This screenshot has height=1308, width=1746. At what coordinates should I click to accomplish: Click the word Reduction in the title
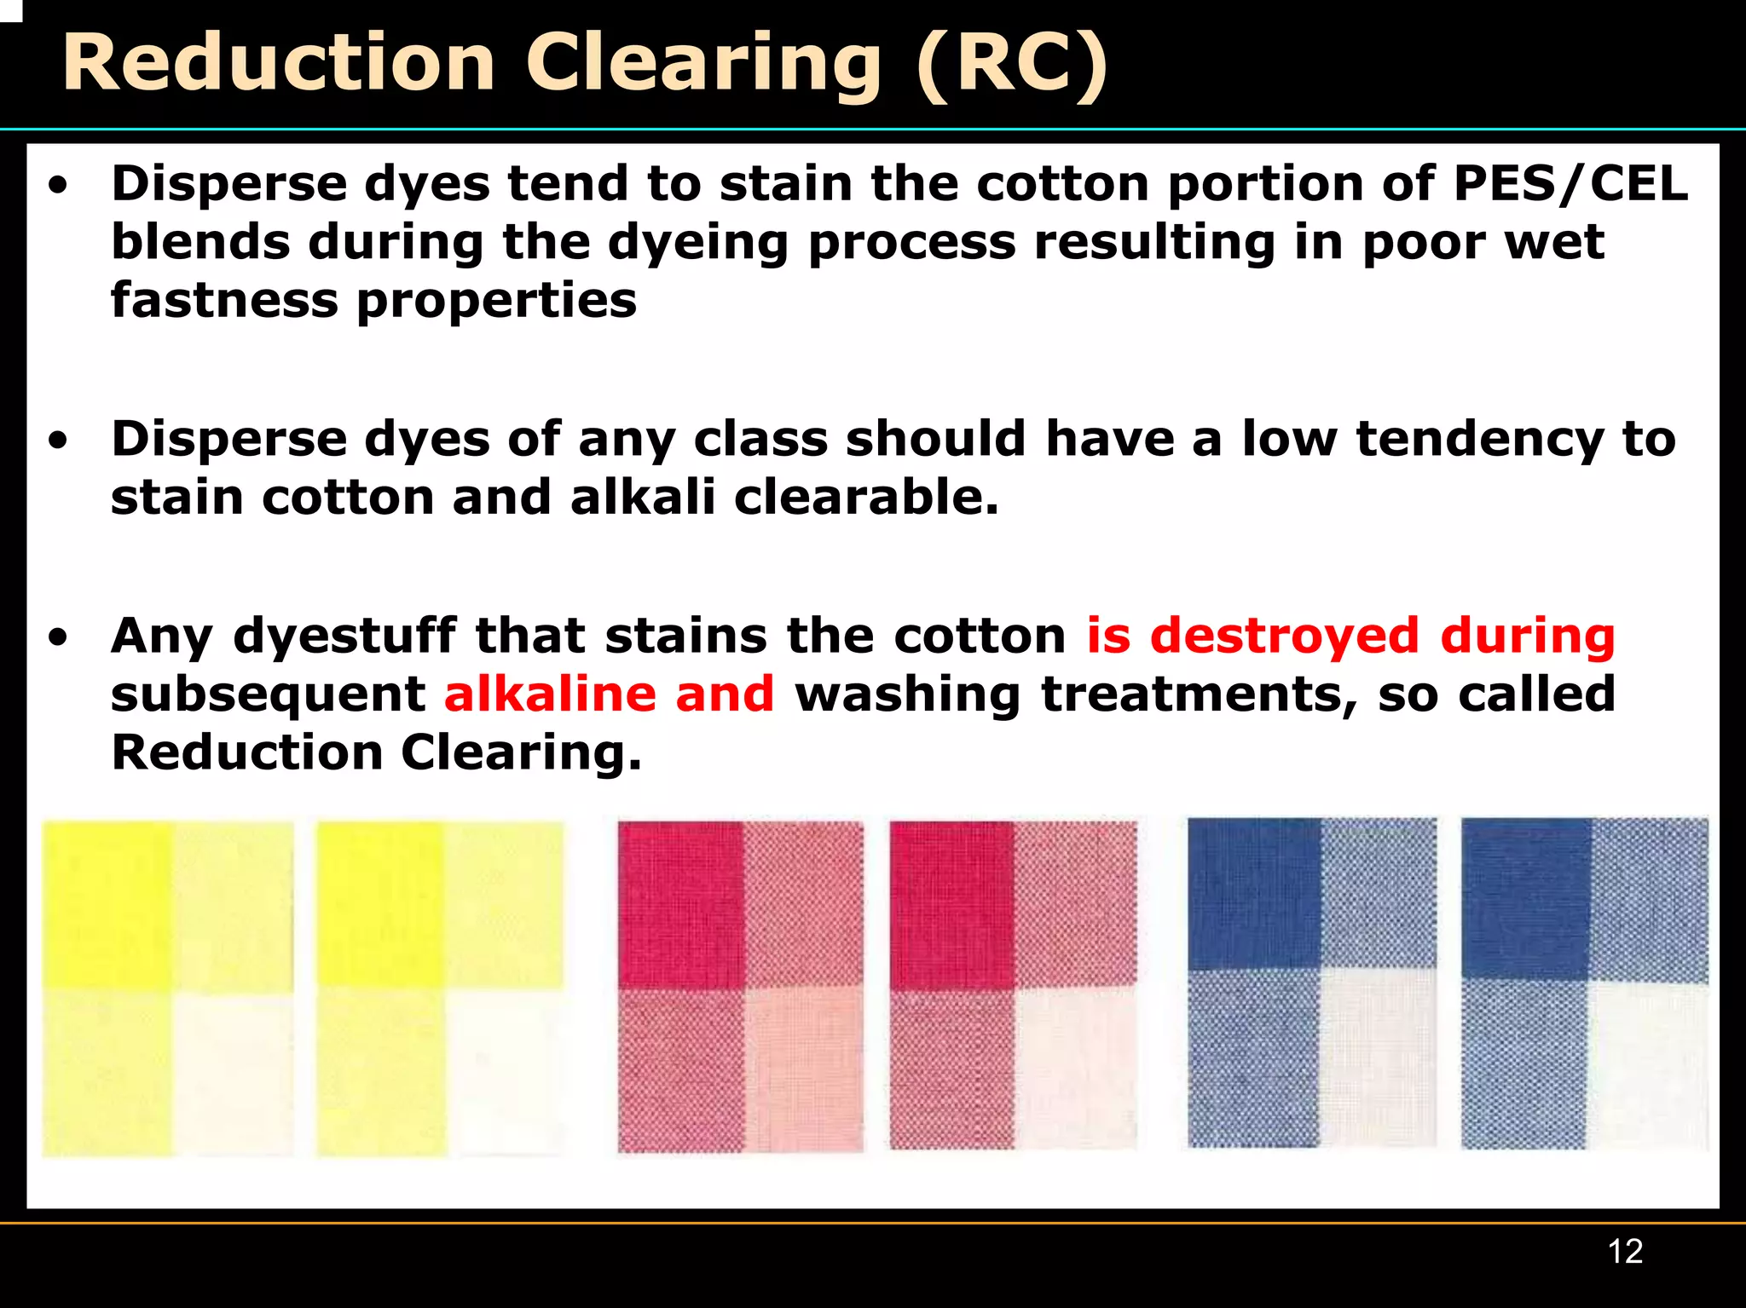click(x=279, y=63)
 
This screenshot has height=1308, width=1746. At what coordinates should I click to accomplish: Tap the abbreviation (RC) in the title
click(x=1012, y=63)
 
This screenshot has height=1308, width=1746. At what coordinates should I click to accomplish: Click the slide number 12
click(x=1625, y=1251)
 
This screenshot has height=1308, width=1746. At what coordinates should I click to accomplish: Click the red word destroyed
click(x=1285, y=636)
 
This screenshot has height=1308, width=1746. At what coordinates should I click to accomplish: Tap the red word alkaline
click(x=550, y=694)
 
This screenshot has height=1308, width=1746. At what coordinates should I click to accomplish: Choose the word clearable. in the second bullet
click(x=865, y=497)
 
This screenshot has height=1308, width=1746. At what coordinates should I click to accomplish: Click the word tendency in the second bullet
click(x=1480, y=439)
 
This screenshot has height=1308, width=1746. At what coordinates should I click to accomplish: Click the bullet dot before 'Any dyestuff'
click(x=58, y=637)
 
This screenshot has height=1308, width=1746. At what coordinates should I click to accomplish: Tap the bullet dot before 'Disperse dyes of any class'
click(x=58, y=441)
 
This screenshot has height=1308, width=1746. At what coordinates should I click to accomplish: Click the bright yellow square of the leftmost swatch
click(x=106, y=905)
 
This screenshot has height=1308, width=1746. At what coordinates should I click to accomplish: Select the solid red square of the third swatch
click(x=680, y=905)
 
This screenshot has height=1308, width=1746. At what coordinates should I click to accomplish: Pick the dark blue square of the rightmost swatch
click(x=1525, y=898)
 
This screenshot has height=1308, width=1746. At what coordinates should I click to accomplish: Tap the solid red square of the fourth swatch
click(x=951, y=905)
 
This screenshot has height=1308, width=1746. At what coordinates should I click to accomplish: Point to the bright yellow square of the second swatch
click(x=380, y=905)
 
